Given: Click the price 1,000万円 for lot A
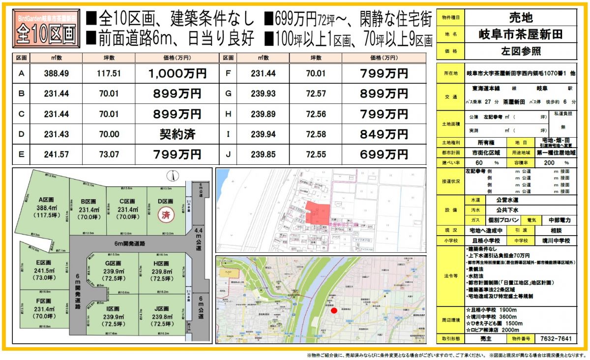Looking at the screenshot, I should [177, 74].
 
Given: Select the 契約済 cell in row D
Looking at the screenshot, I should [177, 134].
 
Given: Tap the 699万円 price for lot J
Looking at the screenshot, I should [384, 154].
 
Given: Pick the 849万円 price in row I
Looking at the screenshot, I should [384, 134].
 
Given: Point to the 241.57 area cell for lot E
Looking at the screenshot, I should [56, 154].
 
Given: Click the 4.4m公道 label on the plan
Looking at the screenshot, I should [199, 239].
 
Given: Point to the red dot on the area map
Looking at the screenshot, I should [334, 310].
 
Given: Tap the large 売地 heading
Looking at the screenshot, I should [520, 18].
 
